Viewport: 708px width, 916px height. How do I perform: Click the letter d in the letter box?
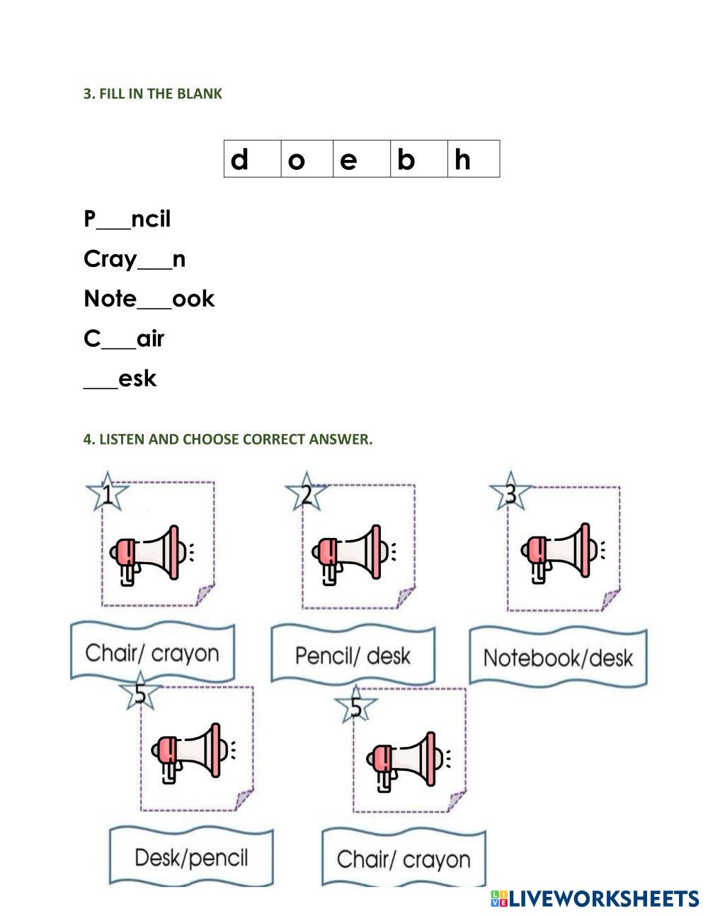pyautogui.click(x=240, y=160)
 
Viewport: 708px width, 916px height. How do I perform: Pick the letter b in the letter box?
pyautogui.click(x=406, y=160)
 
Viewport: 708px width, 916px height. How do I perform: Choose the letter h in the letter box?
pyautogui.click(x=462, y=160)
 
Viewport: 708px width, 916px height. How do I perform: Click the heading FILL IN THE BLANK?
pyautogui.click(x=152, y=93)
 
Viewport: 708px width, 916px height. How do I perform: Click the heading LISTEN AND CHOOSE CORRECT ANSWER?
pyautogui.click(x=227, y=439)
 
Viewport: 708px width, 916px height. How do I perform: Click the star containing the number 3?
pyautogui.click(x=510, y=492)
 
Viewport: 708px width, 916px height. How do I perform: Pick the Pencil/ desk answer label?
pyautogui.click(x=353, y=655)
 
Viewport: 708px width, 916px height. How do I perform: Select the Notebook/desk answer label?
pyautogui.click(x=558, y=658)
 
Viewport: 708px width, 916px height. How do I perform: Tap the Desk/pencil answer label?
pyautogui.click(x=191, y=858)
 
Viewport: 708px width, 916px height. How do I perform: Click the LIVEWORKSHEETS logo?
pyautogui.click(x=594, y=899)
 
